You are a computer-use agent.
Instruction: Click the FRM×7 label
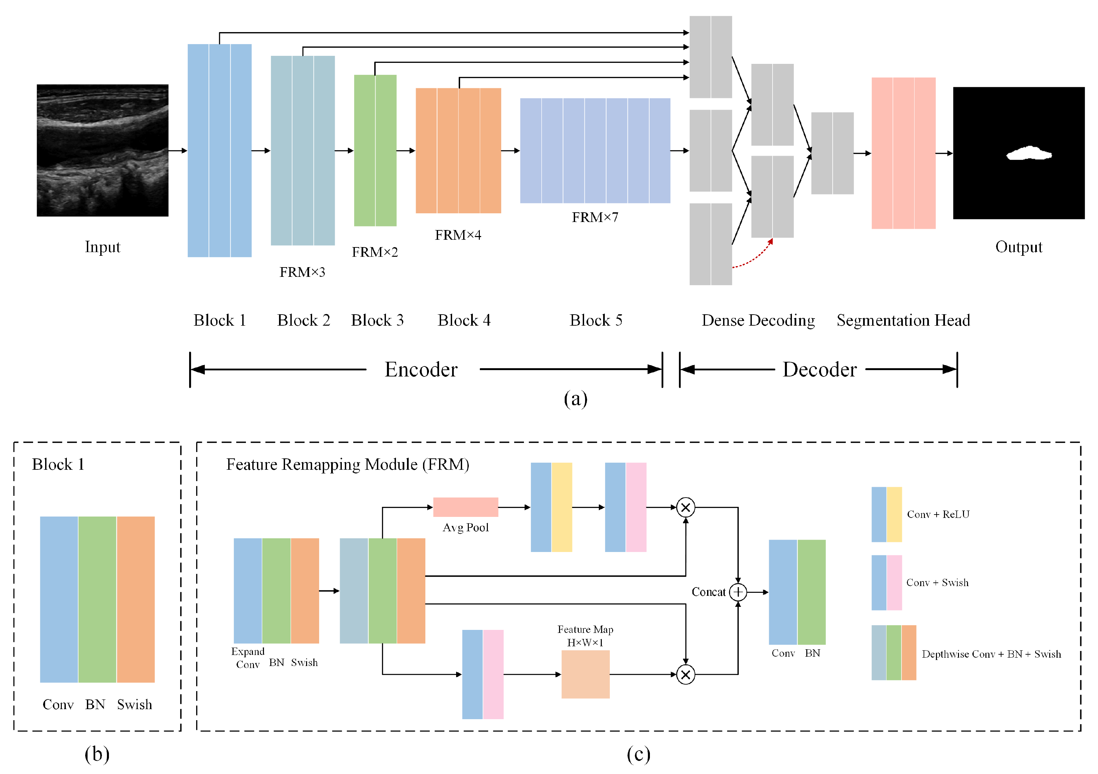[595, 218]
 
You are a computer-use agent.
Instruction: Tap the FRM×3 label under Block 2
[302, 272]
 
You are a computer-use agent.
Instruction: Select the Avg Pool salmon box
[465, 507]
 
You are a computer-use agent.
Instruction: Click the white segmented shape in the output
[1028, 153]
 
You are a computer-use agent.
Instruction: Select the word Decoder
[819, 370]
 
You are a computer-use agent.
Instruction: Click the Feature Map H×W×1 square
[585, 674]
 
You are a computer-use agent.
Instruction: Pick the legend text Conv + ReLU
[938, 515]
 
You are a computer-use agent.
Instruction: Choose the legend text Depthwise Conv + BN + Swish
[991, 654]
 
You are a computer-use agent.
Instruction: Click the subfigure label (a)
[575, 399]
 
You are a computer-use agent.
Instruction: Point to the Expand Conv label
[248, 658]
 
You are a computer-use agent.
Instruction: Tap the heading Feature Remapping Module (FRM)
[348, 464]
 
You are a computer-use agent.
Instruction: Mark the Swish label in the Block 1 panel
[134, 705]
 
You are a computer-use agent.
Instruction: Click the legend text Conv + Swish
[937, 583]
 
